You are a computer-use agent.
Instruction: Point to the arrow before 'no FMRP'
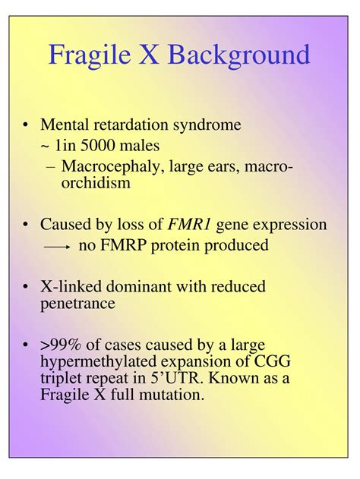57,247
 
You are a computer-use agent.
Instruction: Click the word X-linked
71,287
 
